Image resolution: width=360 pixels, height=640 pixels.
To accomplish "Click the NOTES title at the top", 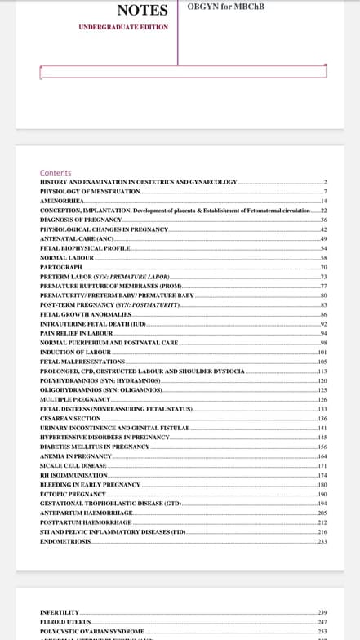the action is (142, 11).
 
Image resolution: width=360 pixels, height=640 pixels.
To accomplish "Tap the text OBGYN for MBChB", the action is (226, 7).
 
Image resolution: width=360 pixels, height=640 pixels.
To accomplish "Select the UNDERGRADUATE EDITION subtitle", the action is (123, 27).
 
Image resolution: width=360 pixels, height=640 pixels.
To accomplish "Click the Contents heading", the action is (56, 173).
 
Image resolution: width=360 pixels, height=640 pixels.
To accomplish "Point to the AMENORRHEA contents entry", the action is (62, 200).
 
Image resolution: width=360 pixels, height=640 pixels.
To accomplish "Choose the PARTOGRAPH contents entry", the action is (61, 268).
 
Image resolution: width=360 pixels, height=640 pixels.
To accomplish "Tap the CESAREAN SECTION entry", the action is (70, 418).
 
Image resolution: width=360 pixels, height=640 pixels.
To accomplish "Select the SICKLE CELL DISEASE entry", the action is (73, 465).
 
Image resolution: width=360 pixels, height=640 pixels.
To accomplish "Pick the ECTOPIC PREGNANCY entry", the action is (73, 494).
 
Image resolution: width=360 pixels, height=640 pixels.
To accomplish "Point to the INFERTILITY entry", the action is (60, 612).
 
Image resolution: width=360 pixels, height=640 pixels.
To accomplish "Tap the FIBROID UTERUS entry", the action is (65, 622).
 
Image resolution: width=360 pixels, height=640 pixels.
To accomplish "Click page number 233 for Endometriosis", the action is (322, 541).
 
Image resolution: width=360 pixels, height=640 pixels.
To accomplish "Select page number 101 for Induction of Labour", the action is (322, 352).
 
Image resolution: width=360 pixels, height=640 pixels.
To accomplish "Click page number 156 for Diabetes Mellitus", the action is (322, 447).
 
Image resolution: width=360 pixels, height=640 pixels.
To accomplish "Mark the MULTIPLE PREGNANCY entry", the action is (75, 399).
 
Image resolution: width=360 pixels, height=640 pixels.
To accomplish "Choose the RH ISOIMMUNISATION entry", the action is (73, 475).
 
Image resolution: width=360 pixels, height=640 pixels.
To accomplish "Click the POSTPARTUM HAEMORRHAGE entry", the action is (86, 522).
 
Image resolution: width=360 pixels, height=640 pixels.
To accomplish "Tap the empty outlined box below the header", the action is (183, 72).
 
